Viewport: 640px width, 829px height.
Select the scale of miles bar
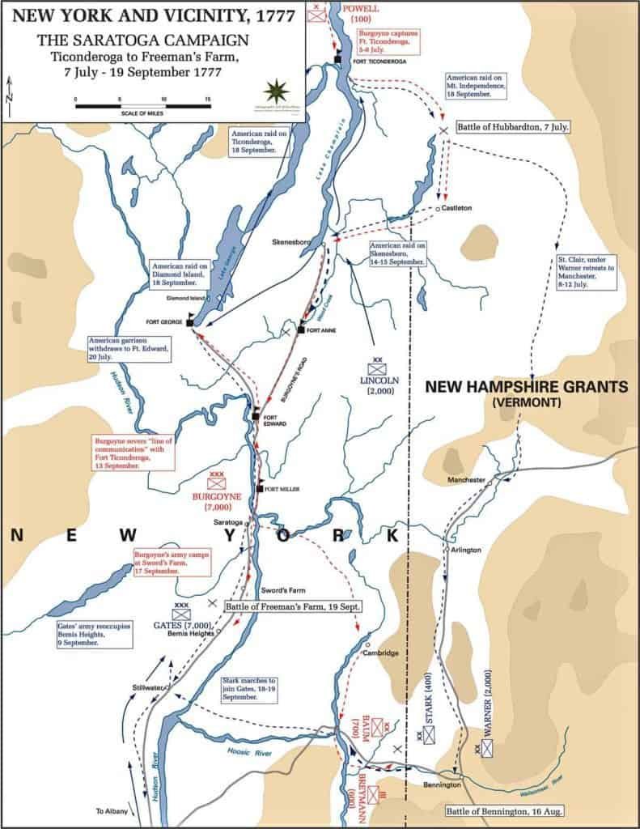pos(142,104)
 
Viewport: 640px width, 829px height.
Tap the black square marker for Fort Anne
pos(300,329)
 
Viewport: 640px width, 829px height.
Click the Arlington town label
pos(464,550)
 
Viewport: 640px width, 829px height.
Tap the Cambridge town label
pos(380,653)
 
